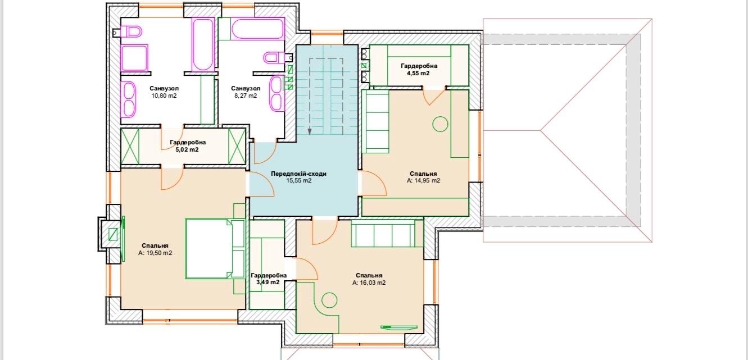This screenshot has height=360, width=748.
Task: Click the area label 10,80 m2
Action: tap(164, 95)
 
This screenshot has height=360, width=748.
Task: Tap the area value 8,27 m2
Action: tap(246, 95)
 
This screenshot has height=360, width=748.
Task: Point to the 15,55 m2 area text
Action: tap(298, 180)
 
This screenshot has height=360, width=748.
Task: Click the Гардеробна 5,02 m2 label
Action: tap(188, 146)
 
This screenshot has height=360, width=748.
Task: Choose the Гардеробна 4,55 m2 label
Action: tap(419, 70)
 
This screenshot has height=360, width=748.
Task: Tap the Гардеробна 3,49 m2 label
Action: tap(269, 279)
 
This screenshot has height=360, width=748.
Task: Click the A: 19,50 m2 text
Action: tap(155, 253)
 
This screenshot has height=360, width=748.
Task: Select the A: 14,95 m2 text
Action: tap(423, 180)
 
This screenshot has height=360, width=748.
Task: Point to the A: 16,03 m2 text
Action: tap(369, 282)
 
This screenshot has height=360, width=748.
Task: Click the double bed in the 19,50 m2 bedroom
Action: tap(215, 249)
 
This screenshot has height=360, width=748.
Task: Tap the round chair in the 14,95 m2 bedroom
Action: tap(440, 124)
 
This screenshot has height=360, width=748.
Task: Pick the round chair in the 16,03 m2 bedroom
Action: tap(329, 300)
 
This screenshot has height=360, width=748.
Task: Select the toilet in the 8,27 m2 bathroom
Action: tap(274, 58)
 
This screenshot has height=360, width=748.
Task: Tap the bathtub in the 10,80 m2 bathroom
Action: tap(203, 44)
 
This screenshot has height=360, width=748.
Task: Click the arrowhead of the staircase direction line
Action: tap(310, 131)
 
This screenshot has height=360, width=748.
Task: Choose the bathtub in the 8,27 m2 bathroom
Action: tap(257, 29)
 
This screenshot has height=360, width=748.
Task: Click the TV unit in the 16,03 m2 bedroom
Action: tap(399, 327)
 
